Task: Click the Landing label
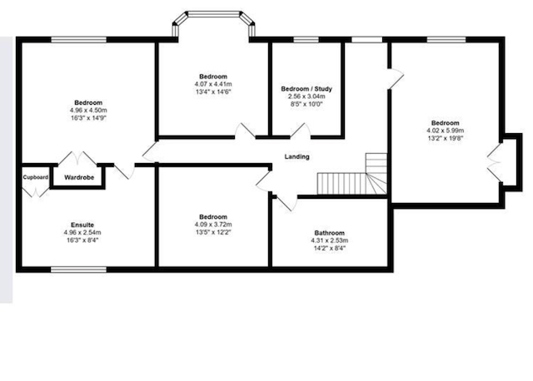point(296,156)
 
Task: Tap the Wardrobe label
point(79,177)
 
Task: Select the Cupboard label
point(36,177)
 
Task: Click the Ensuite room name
point(82,225)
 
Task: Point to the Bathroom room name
point(330,233)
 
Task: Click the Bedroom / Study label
point(306,89)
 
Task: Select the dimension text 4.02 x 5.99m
point(446,131)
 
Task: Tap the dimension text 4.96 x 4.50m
point(88,111)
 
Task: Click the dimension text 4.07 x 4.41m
point(213,84)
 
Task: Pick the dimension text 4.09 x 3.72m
point(213,225)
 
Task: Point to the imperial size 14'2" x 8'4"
point(330,248)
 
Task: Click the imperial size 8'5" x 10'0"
point(306,104)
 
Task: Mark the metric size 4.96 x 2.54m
point(82,233)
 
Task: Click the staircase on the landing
point(352,174)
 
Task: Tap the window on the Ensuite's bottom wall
point(78,270)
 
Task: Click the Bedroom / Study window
point(306,39)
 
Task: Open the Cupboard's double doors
point(36,191)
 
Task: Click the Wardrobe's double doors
point(77,158)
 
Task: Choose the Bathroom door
point(286,203)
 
